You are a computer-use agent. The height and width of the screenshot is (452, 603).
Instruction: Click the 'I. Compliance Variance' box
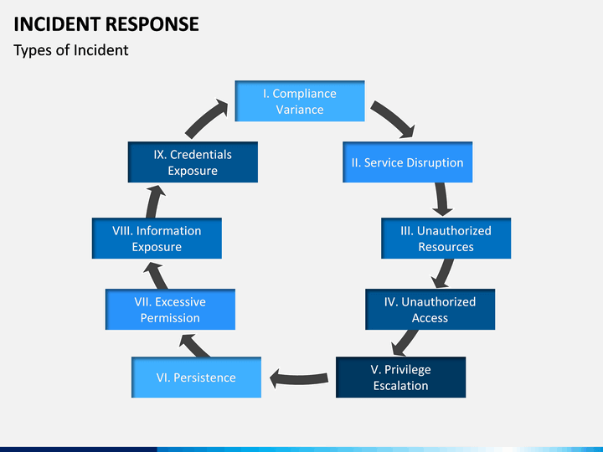[300, 101]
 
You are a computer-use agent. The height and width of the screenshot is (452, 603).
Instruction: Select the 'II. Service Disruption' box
[407, 162]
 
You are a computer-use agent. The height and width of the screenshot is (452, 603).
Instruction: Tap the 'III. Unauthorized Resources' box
[446, 239]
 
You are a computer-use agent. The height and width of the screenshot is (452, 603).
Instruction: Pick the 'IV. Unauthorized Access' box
[430, 310]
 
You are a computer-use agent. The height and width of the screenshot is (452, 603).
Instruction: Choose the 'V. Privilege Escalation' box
[400, 377]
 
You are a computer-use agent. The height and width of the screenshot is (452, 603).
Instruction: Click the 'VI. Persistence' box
[196, 377]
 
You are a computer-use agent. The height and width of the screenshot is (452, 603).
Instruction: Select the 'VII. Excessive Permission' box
[170, 310]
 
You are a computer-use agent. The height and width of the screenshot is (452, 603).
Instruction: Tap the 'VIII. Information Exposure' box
[157, 239]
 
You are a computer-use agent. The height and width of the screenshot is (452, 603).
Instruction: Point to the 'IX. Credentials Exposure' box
[193, 162]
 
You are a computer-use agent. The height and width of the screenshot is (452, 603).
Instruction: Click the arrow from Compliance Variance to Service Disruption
[394, 118]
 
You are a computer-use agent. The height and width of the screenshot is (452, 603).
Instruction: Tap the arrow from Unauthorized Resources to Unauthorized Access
[444, 273]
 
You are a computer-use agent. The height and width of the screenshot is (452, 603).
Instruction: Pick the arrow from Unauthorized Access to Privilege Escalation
[405, 342]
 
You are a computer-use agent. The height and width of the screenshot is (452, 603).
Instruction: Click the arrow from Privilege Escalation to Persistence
[299, 378]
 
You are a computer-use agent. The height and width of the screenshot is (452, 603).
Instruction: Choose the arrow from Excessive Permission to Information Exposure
[157, 275]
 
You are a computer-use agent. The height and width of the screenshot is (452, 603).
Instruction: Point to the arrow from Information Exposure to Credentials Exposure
[155, 202]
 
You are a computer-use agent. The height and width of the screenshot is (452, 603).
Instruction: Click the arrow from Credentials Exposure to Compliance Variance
[207, 119]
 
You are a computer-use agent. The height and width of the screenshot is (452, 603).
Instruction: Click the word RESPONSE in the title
[152, 24]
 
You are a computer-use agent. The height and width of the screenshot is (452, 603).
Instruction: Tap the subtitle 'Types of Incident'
[70, 50]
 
